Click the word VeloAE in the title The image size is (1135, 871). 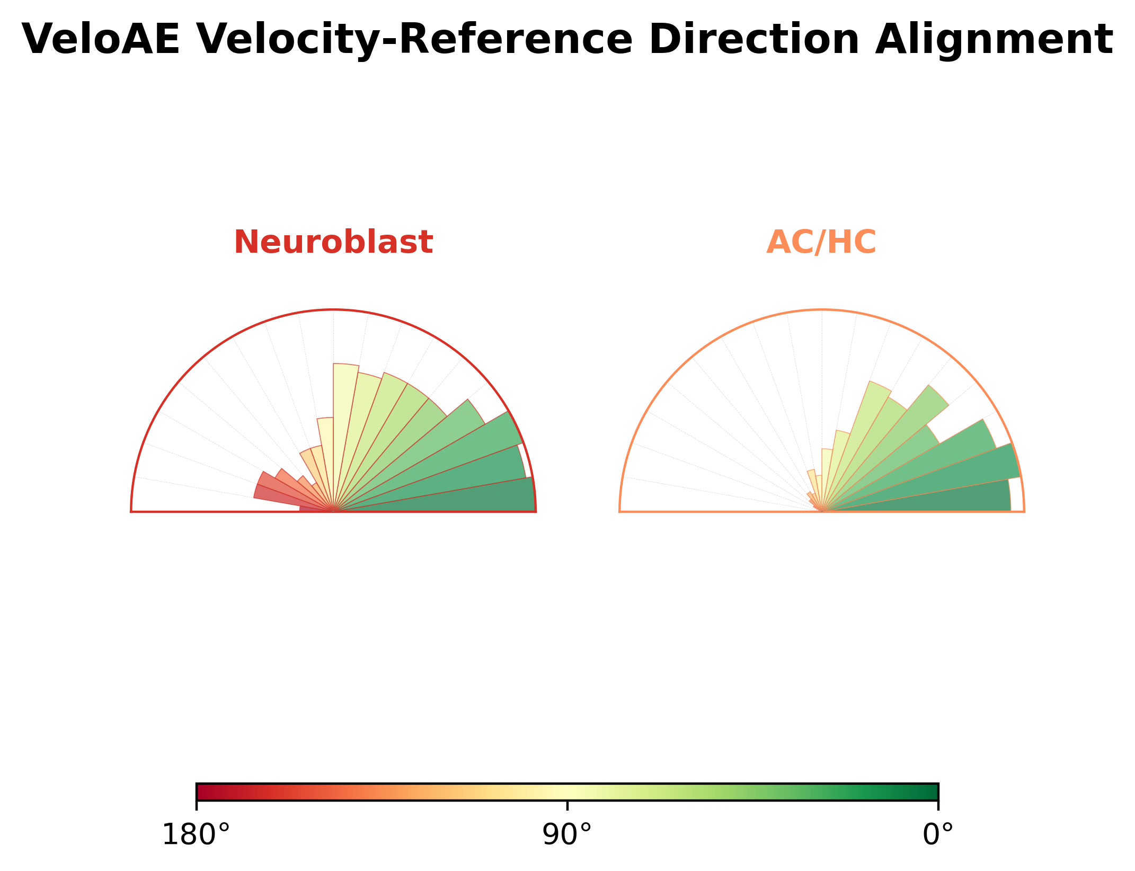point(101,40)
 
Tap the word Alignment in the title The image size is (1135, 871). point(994,41)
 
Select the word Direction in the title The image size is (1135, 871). point(755,40)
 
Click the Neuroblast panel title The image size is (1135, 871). point(333,243)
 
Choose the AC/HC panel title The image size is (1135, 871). point(821,243)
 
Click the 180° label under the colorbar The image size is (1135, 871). point(196,836)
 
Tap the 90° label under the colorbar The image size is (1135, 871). point(567,836)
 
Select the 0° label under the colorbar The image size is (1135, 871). point(938,836)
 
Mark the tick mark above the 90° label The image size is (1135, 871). point(567,805)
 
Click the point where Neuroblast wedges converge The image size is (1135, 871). point(333,511)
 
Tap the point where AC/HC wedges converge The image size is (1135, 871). point(822,511)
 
